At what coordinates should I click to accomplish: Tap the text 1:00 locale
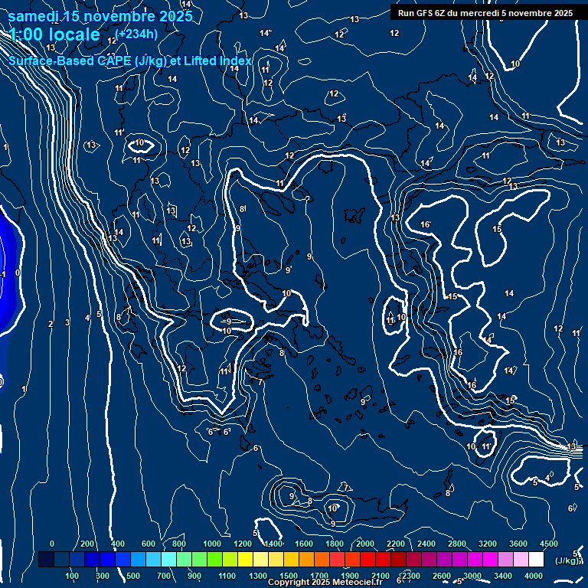pyautogui.click(x=54, y=34)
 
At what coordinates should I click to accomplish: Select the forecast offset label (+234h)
pyautogui.click(x=138, y=34)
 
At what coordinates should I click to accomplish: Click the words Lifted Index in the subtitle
pyautogui.click(x=217, y=60)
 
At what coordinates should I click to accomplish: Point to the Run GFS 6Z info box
pyautogui.click(x=485, y=13)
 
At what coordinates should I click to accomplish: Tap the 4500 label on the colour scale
pyautogui.click(x=550, y=544)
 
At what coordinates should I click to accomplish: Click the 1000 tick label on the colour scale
pyautogui.click(x=212, y=544)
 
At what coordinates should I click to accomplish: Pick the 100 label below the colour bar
pyautogui.click(x=73, y=576)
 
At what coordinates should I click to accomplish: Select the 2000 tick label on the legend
pyautogui.click(x=364, y=544)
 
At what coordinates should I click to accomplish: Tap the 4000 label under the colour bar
pyautogui.click(x=534, y=576)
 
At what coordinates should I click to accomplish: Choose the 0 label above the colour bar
pyautogui.click(x=52, y=544)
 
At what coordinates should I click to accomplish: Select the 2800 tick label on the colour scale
pyautogui.click(x=457, y=544)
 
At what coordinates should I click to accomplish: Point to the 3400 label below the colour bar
pyautogui.click(x=503, y=576)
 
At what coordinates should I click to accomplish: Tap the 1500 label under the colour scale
pyautogui.click(x=289, y=576)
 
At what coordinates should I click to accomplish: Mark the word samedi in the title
pyautogui.click(x=35, y=16)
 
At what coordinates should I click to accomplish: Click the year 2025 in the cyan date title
pyautogui.click(x=175, y=16)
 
